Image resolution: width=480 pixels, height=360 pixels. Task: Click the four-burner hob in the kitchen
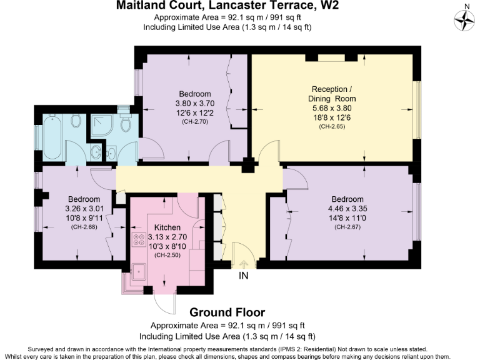pyautogui.click(x=138, y=240)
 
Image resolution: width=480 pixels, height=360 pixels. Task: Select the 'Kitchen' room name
pyautogui.click(x=167, y=227)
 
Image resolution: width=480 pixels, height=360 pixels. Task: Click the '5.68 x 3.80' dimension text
pyautogui.click(x=332, y=108)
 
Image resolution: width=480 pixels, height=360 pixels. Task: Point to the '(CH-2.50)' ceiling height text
pyautogui.click(x=167, y=255)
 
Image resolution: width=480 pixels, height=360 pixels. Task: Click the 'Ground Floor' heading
pyautogui.click(x=227, y=312)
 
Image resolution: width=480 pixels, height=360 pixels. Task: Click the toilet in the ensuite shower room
pyautogui.click(x=124, y=125)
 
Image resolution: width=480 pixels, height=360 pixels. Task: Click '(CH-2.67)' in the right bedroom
pyautogui.click(x=349, y=227)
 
